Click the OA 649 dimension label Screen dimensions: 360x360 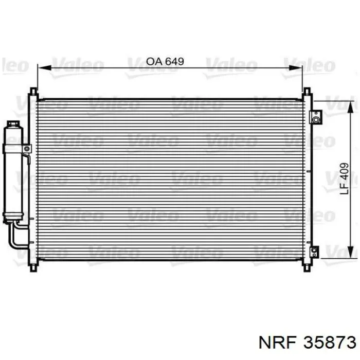165,61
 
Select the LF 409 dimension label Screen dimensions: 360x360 344,178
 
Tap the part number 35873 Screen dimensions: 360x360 330,343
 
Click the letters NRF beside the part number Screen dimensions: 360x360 277,343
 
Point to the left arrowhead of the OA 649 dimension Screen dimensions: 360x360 44,68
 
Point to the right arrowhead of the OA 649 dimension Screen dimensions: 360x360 296,68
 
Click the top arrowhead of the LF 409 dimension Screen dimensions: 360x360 350,107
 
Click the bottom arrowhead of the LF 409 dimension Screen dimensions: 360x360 350,252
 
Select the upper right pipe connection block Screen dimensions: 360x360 316,117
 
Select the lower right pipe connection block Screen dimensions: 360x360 314,252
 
